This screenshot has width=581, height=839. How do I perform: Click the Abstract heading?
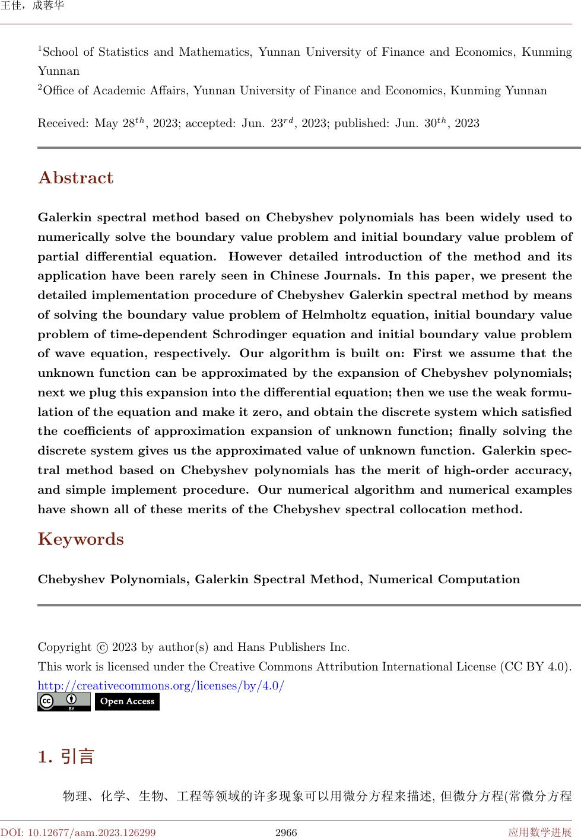[75, 178]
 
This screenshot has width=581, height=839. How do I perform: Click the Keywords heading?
[81, 539]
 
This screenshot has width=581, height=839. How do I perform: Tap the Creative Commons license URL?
[161, 686]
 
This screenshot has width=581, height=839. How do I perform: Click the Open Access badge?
[127, 701]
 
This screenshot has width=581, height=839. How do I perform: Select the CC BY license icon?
[64, 701]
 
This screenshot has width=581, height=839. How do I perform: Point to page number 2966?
[286, 832]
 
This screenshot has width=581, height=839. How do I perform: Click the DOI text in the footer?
[78, 832]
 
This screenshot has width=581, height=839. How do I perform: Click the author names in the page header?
[33, 7]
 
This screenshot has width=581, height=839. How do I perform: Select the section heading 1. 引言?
[66, 757]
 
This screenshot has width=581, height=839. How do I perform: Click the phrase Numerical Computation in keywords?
[444, 579]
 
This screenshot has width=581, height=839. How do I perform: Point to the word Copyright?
[64, 647]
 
